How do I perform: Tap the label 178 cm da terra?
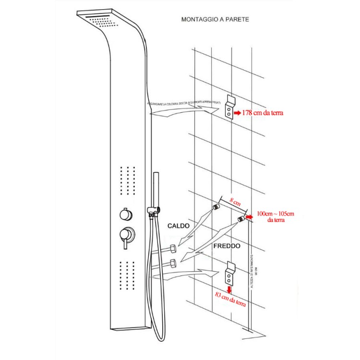pos(263,113)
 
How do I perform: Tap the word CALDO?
pos(179,226)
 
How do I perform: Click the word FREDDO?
pos(227,245)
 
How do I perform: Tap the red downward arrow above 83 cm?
pos(229,289)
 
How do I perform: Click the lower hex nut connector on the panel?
pos(172,263)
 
